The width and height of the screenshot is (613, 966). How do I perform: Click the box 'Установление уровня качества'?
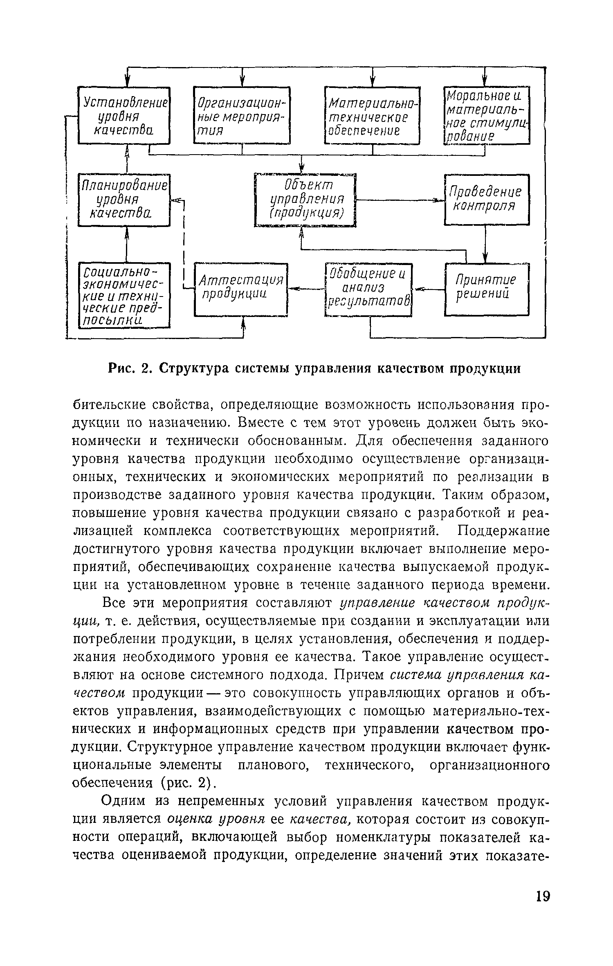point(124,115)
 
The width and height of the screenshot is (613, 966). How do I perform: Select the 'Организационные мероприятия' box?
point(241,115)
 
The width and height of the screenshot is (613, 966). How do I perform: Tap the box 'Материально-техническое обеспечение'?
point(372,115)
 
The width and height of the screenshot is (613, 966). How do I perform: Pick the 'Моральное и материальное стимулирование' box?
point(487,115)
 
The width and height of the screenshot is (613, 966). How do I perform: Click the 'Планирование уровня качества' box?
point(124,200)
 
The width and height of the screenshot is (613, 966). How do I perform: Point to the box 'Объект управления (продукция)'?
point(305,200)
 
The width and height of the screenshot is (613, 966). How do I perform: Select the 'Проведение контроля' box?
point(487,199)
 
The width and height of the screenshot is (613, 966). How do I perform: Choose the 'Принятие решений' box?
point(487,289)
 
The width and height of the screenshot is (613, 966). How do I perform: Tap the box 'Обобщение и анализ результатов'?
point(368,289)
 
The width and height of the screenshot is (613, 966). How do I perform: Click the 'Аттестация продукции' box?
point(241,289)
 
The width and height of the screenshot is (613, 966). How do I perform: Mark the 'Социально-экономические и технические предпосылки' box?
point(124,295)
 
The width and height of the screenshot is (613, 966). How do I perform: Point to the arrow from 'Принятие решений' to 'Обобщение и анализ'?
point(428,289)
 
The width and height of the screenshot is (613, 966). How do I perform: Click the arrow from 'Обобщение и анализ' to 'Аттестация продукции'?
point(307,289)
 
